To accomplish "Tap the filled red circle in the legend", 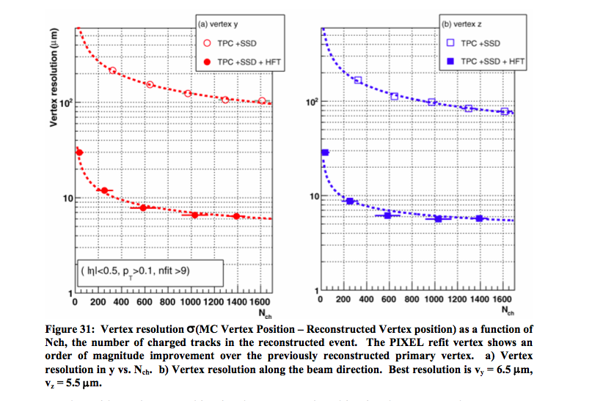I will [x=208, y=61].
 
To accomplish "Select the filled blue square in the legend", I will [x=451, y=61].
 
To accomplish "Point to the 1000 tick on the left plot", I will [x=191, y=301].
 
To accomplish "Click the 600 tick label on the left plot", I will [x=145, y=301].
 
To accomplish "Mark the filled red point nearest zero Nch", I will [x=80, y=152].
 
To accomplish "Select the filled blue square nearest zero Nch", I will [x=325, y=152].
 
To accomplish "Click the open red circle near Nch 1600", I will [x=262, y=100].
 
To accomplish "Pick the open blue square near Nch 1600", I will [x=504, y=111].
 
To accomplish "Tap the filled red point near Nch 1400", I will [x=236, y=216].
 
